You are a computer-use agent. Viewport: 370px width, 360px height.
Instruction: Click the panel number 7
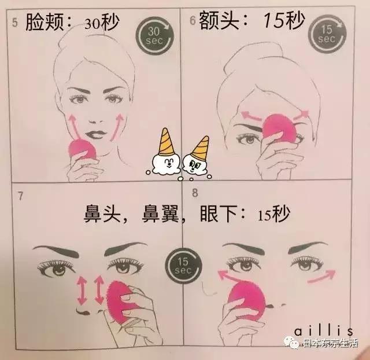click(20, 194)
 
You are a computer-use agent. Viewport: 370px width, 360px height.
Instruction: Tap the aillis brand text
click(324, 330)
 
